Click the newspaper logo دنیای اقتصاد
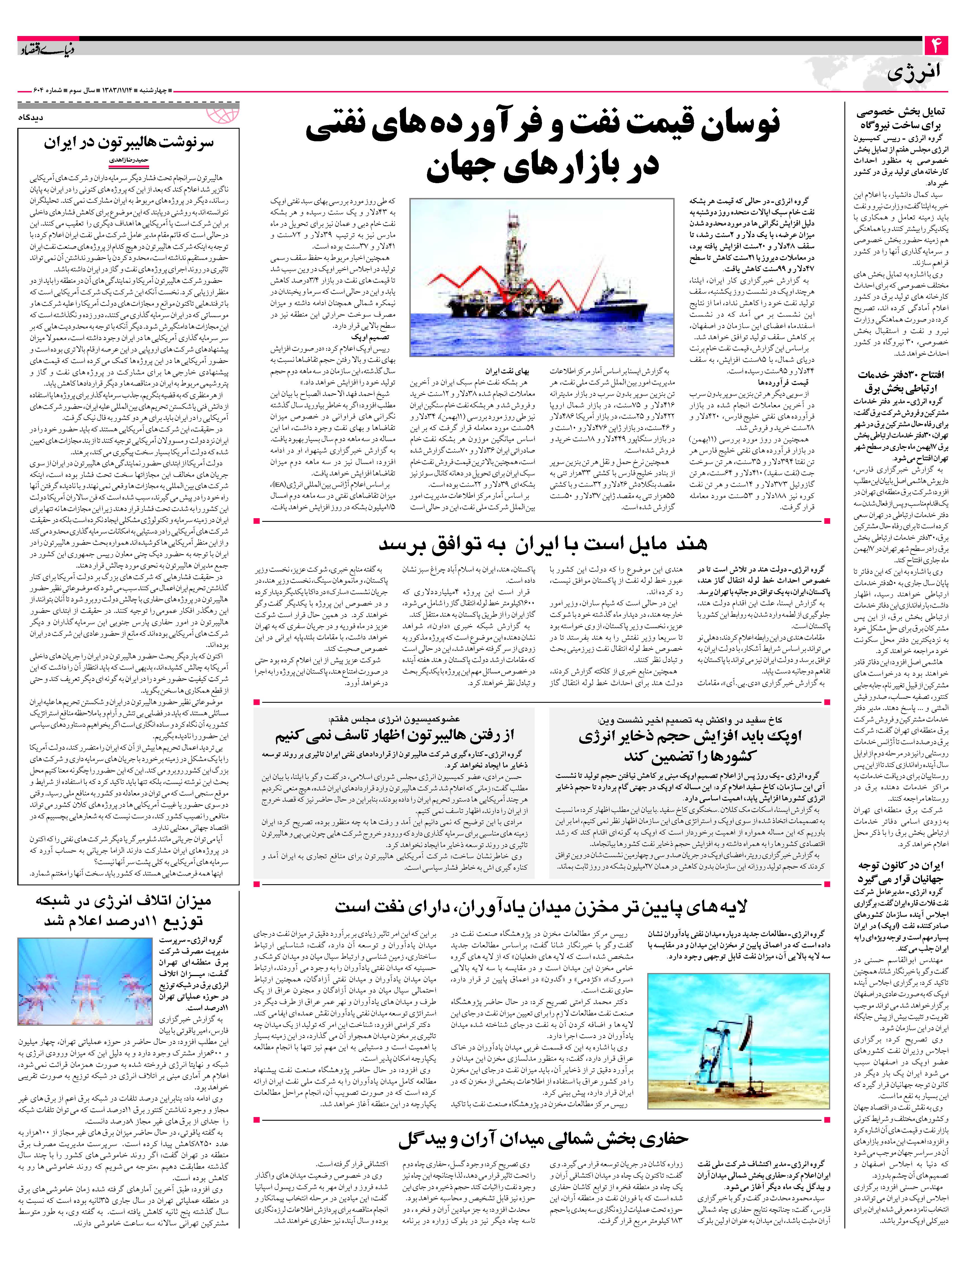(x=40, y=48)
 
